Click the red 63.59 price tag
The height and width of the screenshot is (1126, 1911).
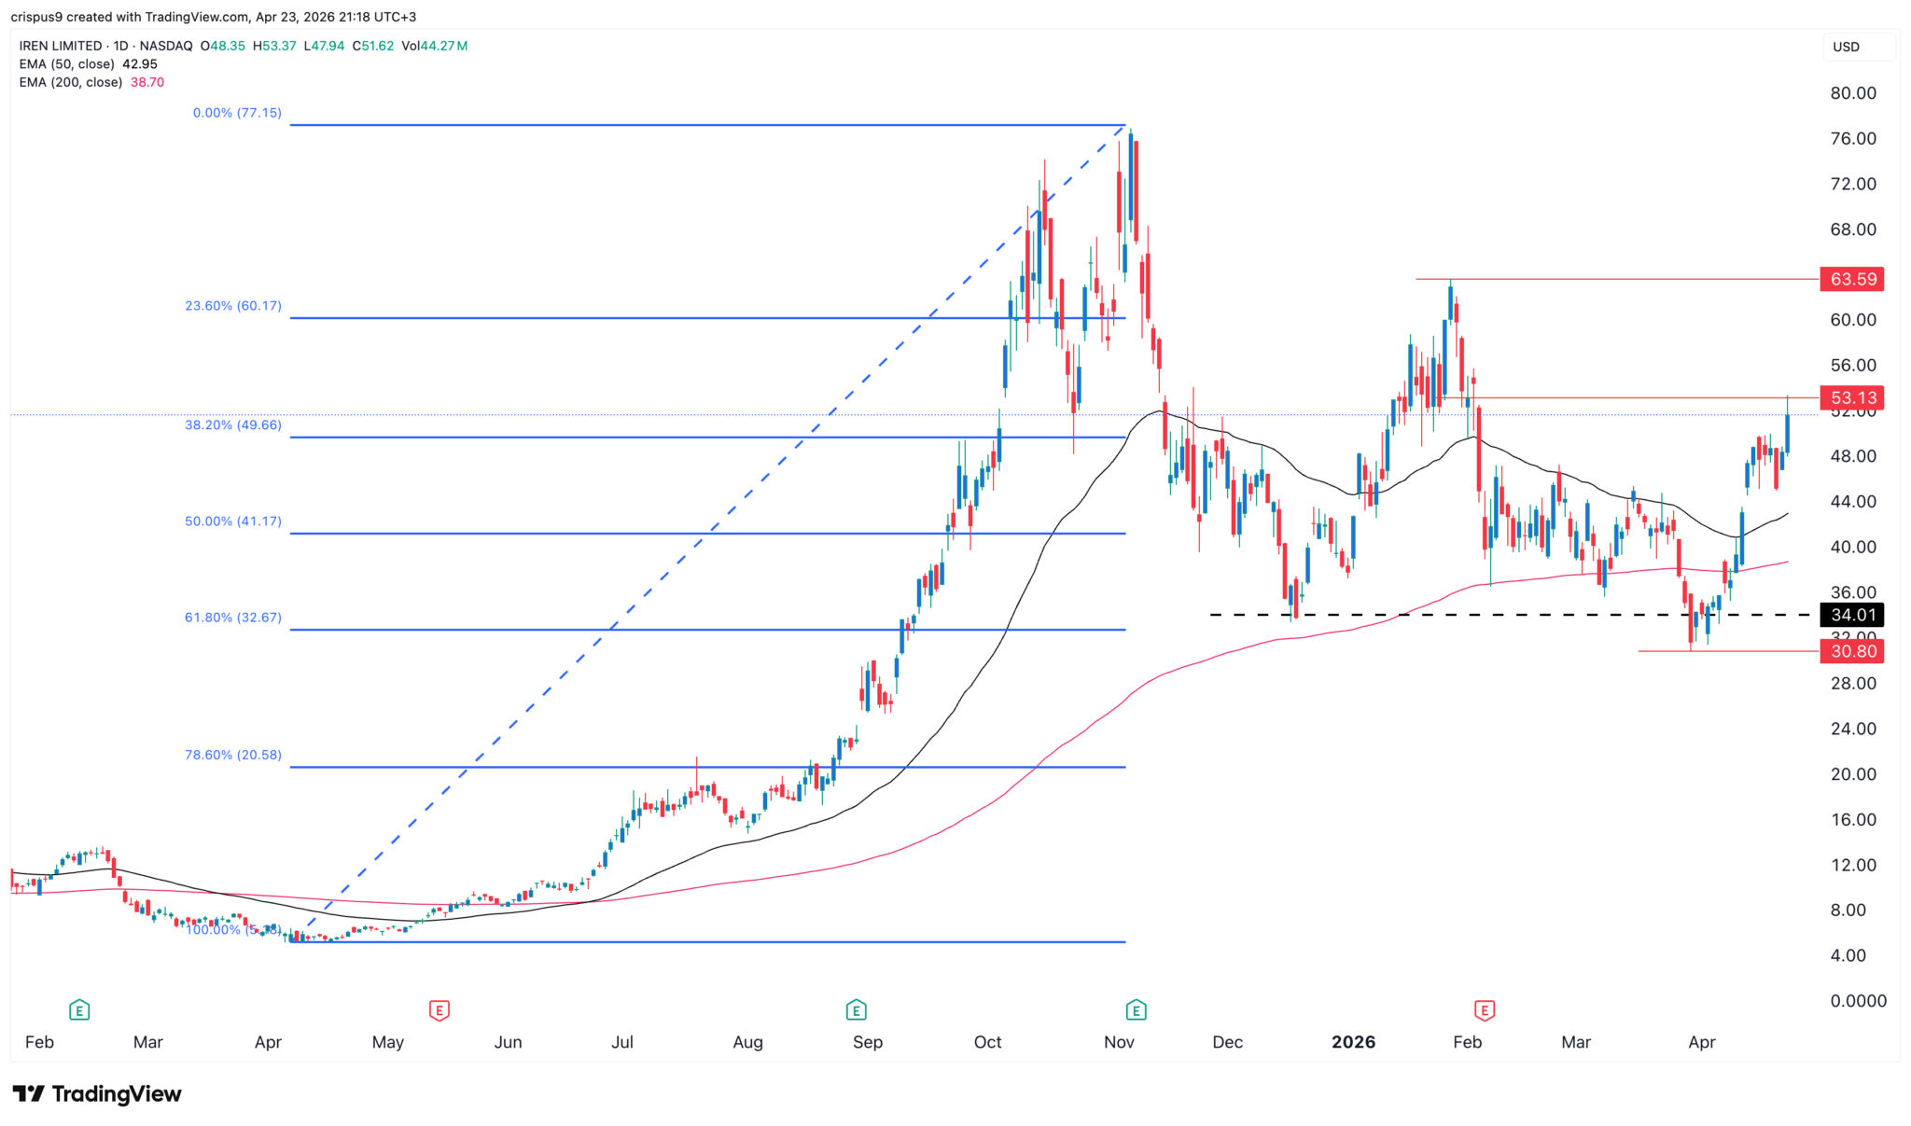[1852, 279]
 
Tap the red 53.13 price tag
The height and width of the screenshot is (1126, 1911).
[1852, 398]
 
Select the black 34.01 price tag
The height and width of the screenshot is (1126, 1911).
[1852, 615]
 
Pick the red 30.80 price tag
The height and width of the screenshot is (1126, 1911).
[1852, 651]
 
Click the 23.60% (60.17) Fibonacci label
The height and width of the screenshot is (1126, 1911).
[233, 306]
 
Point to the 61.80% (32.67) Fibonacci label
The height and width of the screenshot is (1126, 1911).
[233, 618]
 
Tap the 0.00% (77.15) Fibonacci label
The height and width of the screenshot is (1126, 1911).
[237, 113]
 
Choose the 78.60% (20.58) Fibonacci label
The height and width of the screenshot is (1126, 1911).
[233, 755]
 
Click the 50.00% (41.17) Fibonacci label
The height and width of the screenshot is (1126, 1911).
[233, 521]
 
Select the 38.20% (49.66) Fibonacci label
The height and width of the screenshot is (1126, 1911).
[233, 425]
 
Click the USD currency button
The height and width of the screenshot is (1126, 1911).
[1847, 47]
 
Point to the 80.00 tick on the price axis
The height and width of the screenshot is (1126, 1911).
[1852, 93]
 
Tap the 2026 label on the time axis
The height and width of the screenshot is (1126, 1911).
[1353, 1042]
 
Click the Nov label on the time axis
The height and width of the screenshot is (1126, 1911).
[1119, 1042]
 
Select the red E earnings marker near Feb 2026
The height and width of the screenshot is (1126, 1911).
[1485, 1009]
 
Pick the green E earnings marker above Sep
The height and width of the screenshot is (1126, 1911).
[856, 1009]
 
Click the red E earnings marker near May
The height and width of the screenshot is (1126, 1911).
[439, 1009]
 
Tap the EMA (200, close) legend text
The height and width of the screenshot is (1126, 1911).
[71, 82]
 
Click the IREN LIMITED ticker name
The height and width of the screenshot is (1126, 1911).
[61, 46]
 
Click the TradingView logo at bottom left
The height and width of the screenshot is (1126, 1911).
[97, 1093]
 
